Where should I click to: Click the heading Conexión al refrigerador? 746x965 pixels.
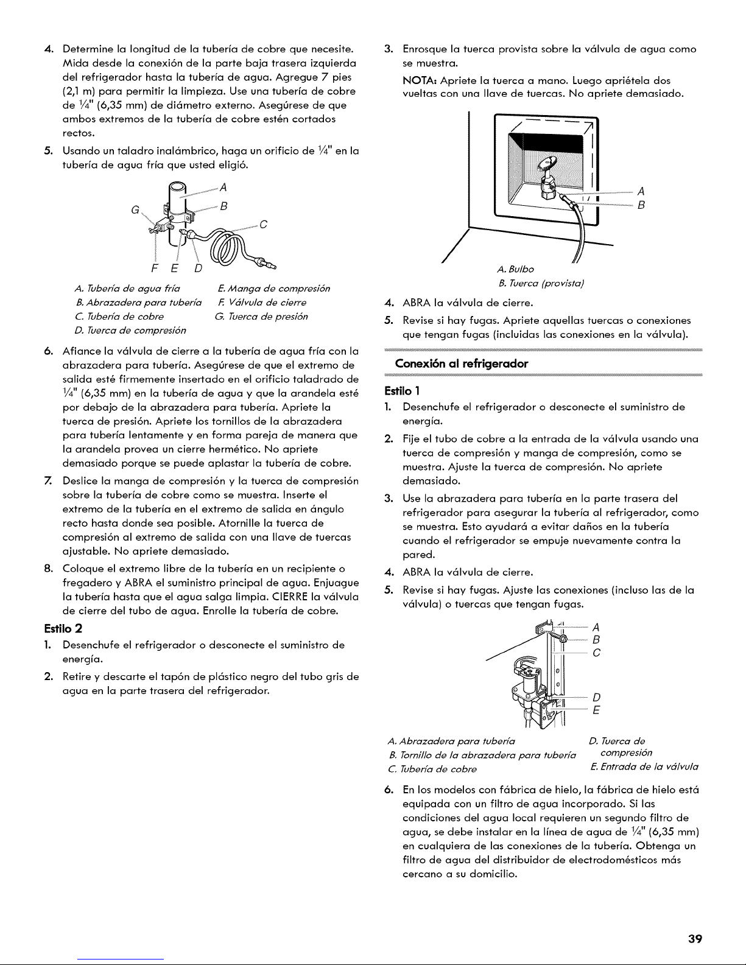461,363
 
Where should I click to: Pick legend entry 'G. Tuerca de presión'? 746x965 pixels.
261,316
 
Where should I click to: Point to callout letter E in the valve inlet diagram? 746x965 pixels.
597,711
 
